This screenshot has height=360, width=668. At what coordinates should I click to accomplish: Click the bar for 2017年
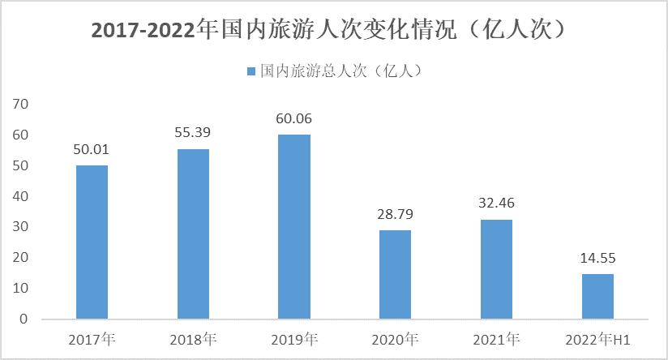coord(92,242)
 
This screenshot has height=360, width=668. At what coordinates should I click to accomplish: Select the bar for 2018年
coord(193,234)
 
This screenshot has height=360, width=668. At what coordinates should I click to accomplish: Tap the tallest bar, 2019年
coord(293,226)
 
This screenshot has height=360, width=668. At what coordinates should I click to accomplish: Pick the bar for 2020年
coord(395,274)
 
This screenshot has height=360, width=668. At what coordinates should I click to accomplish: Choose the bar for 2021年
coord(496,269)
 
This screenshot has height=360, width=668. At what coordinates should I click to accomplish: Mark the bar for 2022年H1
coord(597,296)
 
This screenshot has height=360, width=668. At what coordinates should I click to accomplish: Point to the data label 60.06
coord(293,119)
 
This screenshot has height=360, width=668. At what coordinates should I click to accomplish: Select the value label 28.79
coord(395,215)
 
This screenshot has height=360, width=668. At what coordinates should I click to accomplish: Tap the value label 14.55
coord(597,259)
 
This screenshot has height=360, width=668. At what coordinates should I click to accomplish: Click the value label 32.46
coord(496,204)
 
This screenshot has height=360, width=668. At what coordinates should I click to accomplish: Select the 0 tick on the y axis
coord(24,319)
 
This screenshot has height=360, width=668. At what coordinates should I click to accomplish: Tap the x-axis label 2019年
coord(294,338)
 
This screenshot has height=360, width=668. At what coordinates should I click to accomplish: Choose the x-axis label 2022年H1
coord(598,338)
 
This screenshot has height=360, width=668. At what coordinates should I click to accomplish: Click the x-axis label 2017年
coord(92,338)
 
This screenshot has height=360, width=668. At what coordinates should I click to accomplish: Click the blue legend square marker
coord(250,72)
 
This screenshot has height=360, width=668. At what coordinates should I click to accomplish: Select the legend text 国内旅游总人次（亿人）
coord(341,72)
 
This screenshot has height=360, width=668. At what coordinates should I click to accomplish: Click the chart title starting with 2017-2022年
coord(333,31)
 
